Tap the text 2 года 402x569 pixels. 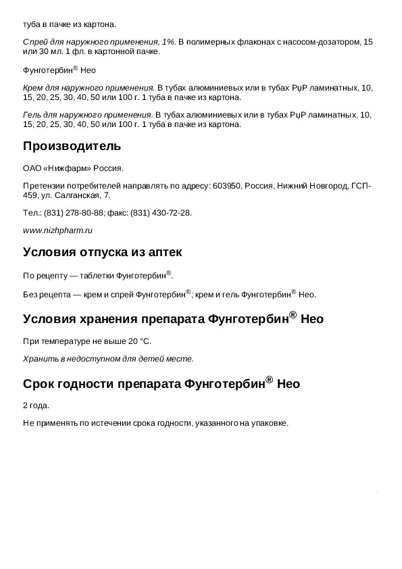point(36,406)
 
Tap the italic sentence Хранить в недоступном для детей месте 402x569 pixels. point(108,358)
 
